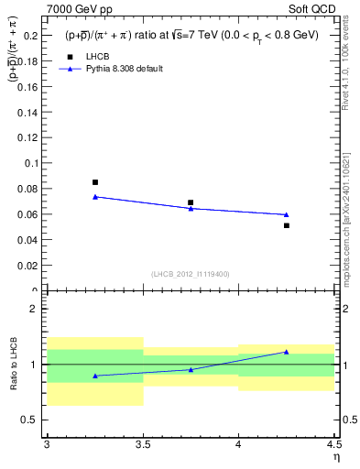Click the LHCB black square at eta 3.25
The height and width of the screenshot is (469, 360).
pos(95,182)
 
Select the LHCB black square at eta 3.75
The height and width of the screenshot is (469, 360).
pos(191,202)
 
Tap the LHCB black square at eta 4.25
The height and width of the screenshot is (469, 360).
pos(287,225)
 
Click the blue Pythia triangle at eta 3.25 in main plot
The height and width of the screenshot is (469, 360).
pos(95,196)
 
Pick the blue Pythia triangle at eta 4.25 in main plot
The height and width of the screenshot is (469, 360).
pos(287,214)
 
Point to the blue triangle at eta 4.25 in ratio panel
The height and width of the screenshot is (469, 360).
pos(287,352)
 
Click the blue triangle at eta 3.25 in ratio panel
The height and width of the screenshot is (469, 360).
pos(95,376)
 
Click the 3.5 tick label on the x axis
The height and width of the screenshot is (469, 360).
pos(143,445)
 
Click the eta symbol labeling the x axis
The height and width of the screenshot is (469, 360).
pos(336,456)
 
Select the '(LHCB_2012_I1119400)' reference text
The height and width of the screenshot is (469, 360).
pos(191,274)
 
